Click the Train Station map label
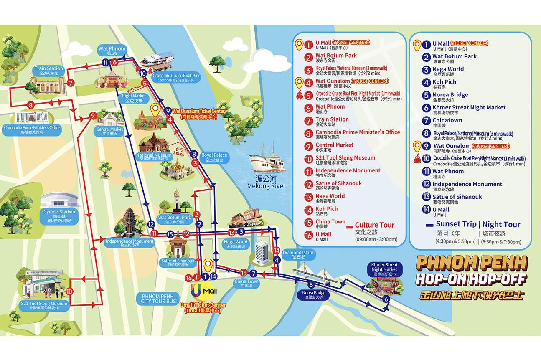[49, 71]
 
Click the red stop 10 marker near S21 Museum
[69, 291]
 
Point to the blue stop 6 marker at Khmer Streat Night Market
[386, 299]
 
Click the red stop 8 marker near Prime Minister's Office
[30, 105]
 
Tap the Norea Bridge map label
[314, 295]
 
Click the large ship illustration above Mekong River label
[267, 159]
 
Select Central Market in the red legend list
[334, 145]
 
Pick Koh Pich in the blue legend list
[444, 82]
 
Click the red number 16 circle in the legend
[308, 236]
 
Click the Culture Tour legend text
[374, 225]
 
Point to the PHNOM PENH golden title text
[472, 263]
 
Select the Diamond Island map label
[299, 255]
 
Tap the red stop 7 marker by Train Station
[71, 83]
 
